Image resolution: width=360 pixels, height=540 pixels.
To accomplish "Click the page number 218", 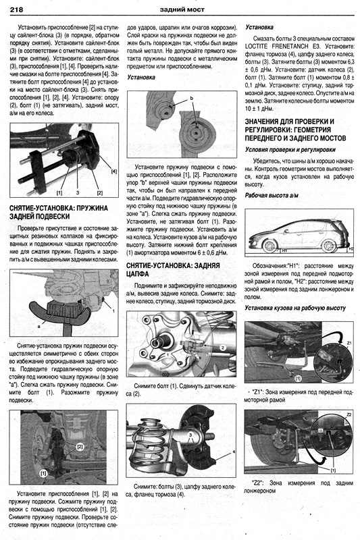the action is tap(16, 9).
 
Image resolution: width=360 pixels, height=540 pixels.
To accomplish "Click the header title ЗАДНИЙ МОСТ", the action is tap(182, 9).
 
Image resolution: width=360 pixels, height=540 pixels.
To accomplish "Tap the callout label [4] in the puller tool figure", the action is tap(114, 171).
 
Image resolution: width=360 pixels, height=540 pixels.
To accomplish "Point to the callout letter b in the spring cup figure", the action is tap(192, 98).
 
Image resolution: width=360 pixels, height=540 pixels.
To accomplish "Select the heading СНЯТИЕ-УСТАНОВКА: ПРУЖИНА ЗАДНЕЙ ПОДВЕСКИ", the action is tap(59, 212).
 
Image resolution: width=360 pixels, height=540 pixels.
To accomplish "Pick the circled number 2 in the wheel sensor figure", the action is tap(222, 348).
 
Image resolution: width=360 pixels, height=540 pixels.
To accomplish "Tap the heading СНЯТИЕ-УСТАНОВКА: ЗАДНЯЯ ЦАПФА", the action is tap(173, 269).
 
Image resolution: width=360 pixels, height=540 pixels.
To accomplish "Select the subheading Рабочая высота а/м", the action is tap(272, 195).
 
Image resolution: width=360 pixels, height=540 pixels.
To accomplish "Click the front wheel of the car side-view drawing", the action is tap(269, 246).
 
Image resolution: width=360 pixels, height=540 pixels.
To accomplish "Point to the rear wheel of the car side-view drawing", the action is tap(329, 246).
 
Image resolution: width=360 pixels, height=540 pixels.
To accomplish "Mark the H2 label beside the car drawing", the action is tap(351, 248).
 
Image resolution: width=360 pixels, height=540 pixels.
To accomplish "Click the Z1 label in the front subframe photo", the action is tap(349, 343).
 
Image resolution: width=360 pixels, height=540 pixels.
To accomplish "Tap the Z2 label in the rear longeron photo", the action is tap(349, 414).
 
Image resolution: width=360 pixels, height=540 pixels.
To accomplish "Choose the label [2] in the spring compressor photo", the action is tap(80, 446).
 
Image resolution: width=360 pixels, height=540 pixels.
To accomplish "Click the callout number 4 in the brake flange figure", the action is tap(234, 452).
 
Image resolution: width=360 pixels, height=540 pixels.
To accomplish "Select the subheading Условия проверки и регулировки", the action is tap(290, 150).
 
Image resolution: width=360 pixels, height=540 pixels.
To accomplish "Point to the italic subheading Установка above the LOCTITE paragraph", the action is tap(259, 27).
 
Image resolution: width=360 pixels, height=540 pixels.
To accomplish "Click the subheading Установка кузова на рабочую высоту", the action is tap(295, 308).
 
